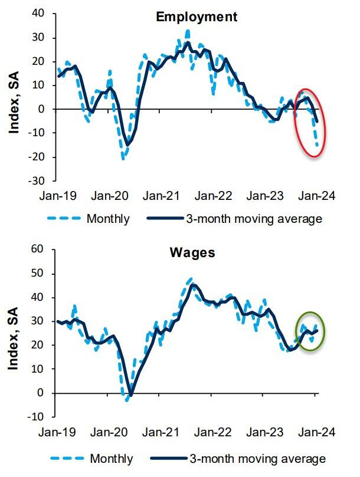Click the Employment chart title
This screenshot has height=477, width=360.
(x=196, y=17)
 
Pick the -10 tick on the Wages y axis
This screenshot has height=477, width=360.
(x=44, y=417)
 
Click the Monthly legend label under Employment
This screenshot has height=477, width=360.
(x=108, y=219)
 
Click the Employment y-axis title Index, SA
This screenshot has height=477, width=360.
(x=15, y=97)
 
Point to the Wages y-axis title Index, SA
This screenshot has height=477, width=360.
(x=15, y=334)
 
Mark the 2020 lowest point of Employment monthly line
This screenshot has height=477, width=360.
(x=123, y=158)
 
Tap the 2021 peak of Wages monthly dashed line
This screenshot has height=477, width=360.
(x=191, y=278)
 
